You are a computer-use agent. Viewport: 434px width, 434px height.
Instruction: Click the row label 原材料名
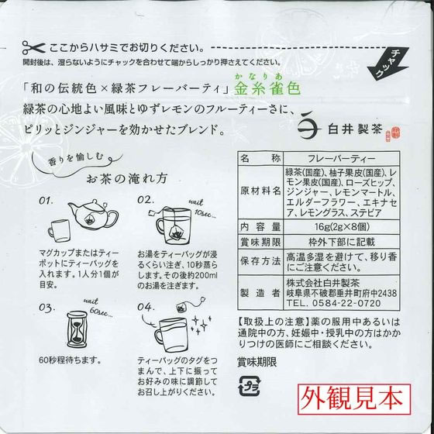coord(260,189)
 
